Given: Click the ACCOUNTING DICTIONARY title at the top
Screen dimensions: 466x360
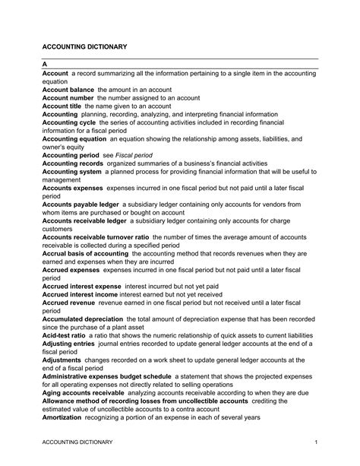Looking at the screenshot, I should tap(84, 47).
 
